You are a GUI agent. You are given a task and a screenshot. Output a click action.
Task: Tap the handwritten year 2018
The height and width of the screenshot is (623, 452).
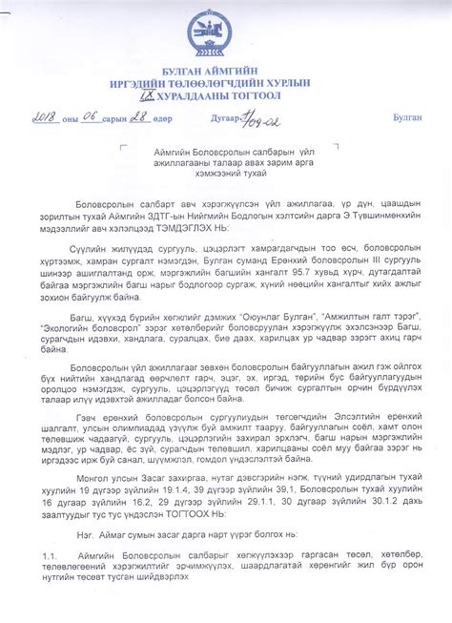coord(45,117)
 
